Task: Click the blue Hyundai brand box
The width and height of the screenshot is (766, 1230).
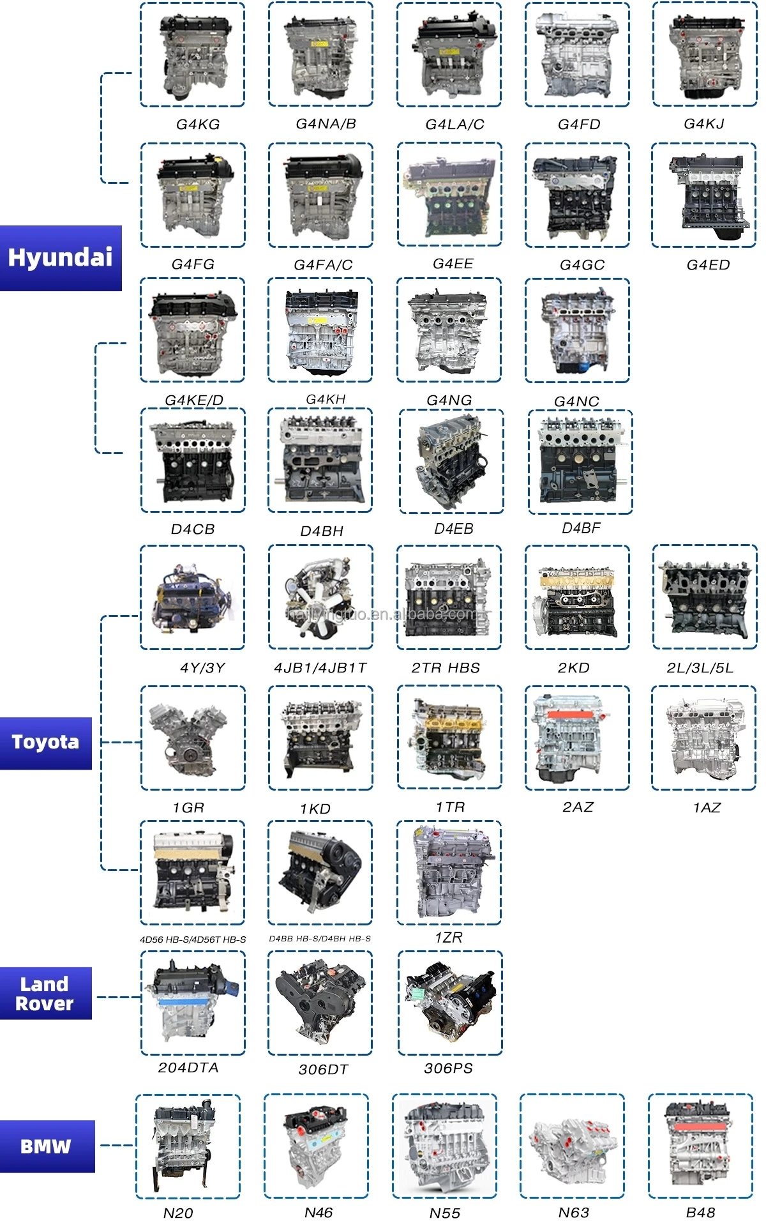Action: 61,258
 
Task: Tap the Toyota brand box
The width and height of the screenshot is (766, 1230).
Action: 45,743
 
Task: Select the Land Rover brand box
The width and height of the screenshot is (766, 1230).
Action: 45,994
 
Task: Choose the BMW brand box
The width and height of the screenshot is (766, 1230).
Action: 47,1146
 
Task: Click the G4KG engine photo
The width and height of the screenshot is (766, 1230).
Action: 192,55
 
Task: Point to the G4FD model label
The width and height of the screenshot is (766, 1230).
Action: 579,125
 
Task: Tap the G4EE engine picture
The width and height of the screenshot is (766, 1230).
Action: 449,195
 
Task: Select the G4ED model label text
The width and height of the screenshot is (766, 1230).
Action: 708,265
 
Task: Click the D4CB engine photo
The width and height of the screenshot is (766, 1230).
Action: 193,460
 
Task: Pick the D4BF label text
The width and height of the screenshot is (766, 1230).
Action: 581,528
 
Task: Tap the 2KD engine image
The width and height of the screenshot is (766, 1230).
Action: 577,598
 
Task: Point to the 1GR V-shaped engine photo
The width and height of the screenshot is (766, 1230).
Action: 192,738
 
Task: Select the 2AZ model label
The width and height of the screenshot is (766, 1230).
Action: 578,807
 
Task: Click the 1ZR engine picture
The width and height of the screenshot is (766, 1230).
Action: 449,873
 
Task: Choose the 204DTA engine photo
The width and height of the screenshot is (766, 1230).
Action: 193,1003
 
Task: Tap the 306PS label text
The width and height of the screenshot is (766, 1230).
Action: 448,1068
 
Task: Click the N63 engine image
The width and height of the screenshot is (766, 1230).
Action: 573,1147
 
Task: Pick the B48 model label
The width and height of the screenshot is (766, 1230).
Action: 700,1213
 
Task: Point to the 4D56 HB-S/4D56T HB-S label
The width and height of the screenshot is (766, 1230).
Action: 193,939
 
